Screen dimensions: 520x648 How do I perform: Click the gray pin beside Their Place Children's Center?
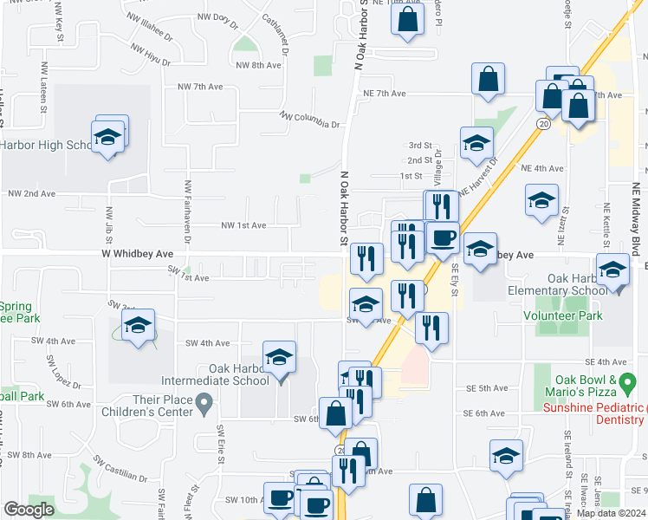(204, 402)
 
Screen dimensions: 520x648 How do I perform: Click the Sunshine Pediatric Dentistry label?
(594, 413)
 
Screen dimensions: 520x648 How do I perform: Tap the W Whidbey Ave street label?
(137, 253)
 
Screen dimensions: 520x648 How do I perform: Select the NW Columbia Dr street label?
(309, 120)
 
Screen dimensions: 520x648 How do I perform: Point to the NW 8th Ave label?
(258, 65)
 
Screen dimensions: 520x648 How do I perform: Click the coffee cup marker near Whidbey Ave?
(443, 237)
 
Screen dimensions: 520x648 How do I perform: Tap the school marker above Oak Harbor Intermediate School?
(279, 358)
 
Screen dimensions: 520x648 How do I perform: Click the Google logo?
(29, 510)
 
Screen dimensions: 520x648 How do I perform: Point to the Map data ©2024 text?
(611, 513)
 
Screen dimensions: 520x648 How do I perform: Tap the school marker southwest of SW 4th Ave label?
(138, 327)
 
